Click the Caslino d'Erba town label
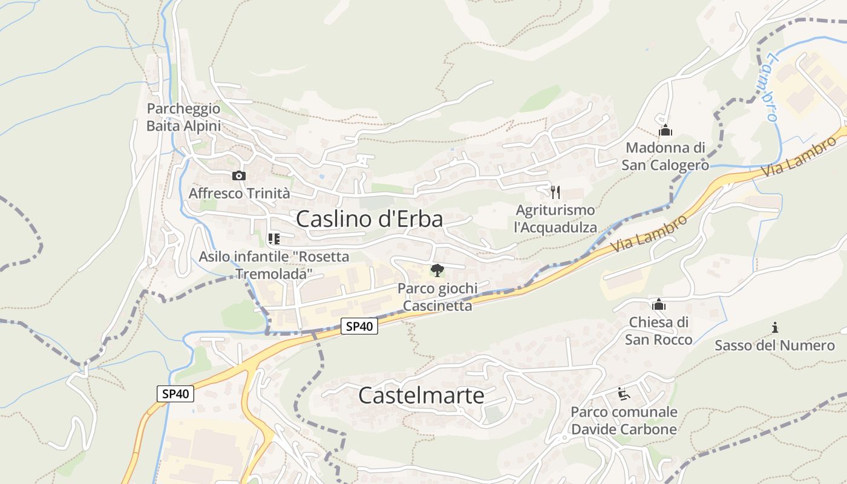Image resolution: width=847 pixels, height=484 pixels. click(x=369, y=219)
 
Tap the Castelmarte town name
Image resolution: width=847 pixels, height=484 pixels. click(x=421, y=396)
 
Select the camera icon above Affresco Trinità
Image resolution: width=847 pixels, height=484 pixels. click(x=239, y=176)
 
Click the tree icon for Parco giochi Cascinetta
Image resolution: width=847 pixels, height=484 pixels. click(x=437, y=270)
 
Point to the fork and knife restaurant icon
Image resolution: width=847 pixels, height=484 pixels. click(x=555, y=192)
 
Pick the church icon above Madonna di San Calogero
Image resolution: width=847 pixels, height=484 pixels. click(x=665, y=130)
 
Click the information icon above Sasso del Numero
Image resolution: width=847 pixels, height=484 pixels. click(x=775, y=328)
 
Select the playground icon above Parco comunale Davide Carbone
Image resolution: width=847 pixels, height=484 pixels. click(x=624, y=394)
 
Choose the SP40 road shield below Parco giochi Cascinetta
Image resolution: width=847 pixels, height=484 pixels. click(x=359, y=327)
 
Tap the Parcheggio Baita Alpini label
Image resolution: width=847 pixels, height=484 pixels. click(x=183, y=117)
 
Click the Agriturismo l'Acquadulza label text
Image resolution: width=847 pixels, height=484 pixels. click(x=555, y=219)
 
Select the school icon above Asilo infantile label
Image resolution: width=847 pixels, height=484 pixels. click(x=273, y=239)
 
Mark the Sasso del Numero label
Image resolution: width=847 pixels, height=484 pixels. click(x=774, y=345)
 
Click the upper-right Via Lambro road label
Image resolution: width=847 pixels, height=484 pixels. click(x=798, y=157)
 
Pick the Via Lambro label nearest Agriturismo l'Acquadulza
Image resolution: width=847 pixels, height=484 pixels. click(x=649, y=234)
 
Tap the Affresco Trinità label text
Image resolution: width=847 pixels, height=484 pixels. click(x=240, y=194)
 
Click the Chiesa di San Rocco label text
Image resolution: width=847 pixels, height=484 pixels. click(x=659, y=330)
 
